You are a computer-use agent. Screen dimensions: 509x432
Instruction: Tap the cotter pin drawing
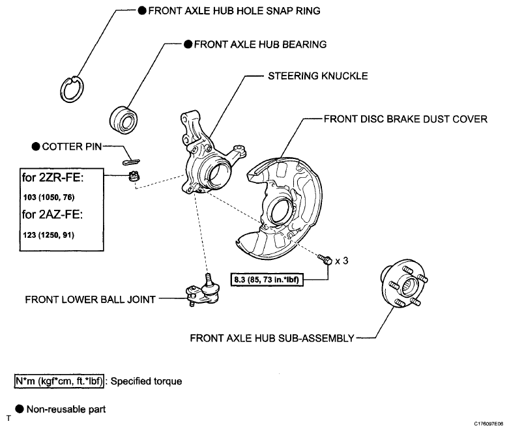coord(131,162)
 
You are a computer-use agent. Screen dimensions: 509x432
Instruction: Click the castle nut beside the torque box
coord(134,177)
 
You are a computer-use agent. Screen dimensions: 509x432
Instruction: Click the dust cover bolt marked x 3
coord(325,259)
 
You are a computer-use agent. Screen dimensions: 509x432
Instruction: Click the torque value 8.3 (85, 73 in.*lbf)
coord(267,279)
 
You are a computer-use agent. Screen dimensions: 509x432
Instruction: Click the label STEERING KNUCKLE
coord(318,76)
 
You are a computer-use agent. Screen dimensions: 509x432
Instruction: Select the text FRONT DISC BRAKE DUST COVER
coord(405,119)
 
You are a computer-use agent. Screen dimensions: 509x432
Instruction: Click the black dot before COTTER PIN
coord(36,147)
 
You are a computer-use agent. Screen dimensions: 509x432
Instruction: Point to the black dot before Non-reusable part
coord(20,409)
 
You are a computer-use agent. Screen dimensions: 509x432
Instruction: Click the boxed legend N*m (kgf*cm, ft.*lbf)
coord(59,381)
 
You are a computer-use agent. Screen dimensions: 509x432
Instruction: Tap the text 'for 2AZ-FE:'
coord(53,214)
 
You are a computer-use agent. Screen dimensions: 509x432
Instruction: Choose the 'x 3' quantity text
coord(342,261)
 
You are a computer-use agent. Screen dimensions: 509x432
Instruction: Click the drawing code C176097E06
coord(488,424)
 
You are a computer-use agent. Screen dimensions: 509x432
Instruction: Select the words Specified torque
coord(146,381)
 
